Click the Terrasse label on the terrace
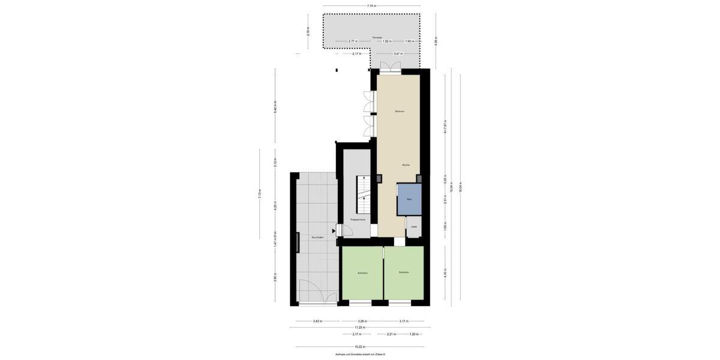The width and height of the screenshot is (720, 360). coord(377,37)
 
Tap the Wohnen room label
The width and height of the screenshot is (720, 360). coord(400,112)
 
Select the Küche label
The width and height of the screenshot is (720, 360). coord(406,164)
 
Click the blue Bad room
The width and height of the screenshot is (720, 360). coord(409,199)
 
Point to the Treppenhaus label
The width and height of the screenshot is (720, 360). coord(358,220)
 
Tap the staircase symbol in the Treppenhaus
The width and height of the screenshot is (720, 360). coord(364,195)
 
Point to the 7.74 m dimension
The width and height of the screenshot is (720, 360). coord(372,6)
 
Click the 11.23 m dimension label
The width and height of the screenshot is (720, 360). coord(360,328)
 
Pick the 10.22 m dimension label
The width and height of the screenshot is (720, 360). coord(359,347)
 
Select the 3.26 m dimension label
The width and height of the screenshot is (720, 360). coord(362,321)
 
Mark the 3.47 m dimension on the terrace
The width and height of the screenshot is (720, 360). coord(397,54)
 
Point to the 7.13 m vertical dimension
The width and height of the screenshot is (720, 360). coord(260,194)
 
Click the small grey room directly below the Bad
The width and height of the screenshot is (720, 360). coord(414,227)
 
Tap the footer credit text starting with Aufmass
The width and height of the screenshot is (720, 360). coord(360,355)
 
